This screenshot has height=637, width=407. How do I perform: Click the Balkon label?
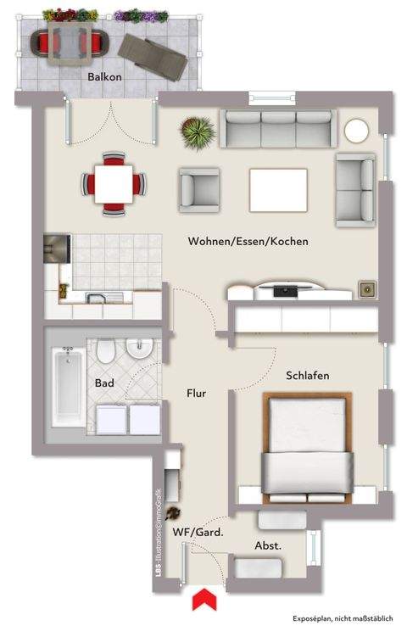tap(104, 76)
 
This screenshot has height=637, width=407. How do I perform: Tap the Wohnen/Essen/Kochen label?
tap(248, 242)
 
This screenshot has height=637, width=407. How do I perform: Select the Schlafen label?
tap(307, 375)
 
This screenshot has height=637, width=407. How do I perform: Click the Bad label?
tap(104, 383)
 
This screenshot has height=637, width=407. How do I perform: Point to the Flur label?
tap(197, 394)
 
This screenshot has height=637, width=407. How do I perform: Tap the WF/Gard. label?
tap(198, 532)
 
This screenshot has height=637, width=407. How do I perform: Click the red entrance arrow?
tap(203, 601)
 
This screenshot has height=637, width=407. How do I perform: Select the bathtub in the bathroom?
tap(66, 387)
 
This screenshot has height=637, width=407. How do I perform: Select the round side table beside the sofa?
tap(356, 131)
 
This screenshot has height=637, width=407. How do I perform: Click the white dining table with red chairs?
tap(109, 181)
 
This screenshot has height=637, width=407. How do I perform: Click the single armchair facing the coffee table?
tap(198, 187)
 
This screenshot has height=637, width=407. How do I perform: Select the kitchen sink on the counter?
tap(95, 296)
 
